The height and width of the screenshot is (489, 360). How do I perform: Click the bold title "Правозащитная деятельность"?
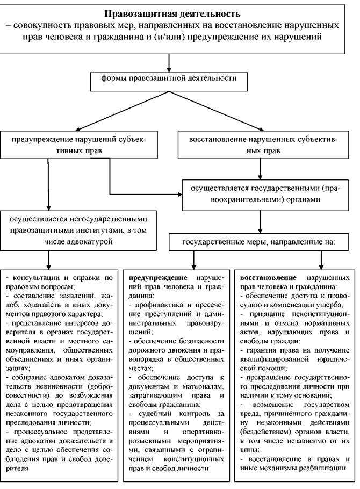point(172,14)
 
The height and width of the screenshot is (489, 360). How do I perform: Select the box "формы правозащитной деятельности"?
point(169,82)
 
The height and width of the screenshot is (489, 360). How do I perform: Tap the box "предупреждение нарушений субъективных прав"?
point(79,145)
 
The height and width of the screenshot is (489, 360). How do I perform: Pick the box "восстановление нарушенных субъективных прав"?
point(263,145)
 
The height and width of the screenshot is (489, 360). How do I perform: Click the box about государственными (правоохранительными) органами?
point(265,195)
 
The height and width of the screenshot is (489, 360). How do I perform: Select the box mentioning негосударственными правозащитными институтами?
point(78,231)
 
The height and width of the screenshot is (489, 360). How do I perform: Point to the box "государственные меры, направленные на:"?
point(258,242)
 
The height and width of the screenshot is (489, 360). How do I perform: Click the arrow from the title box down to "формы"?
point(169,63)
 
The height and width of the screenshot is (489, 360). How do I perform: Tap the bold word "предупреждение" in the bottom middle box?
point(158,278)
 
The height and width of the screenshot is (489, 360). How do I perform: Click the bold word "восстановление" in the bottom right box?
point(268,278)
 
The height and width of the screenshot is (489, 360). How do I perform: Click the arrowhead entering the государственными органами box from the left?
point(179,195)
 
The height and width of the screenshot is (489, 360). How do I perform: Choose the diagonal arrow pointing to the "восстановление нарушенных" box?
point(216,111)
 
